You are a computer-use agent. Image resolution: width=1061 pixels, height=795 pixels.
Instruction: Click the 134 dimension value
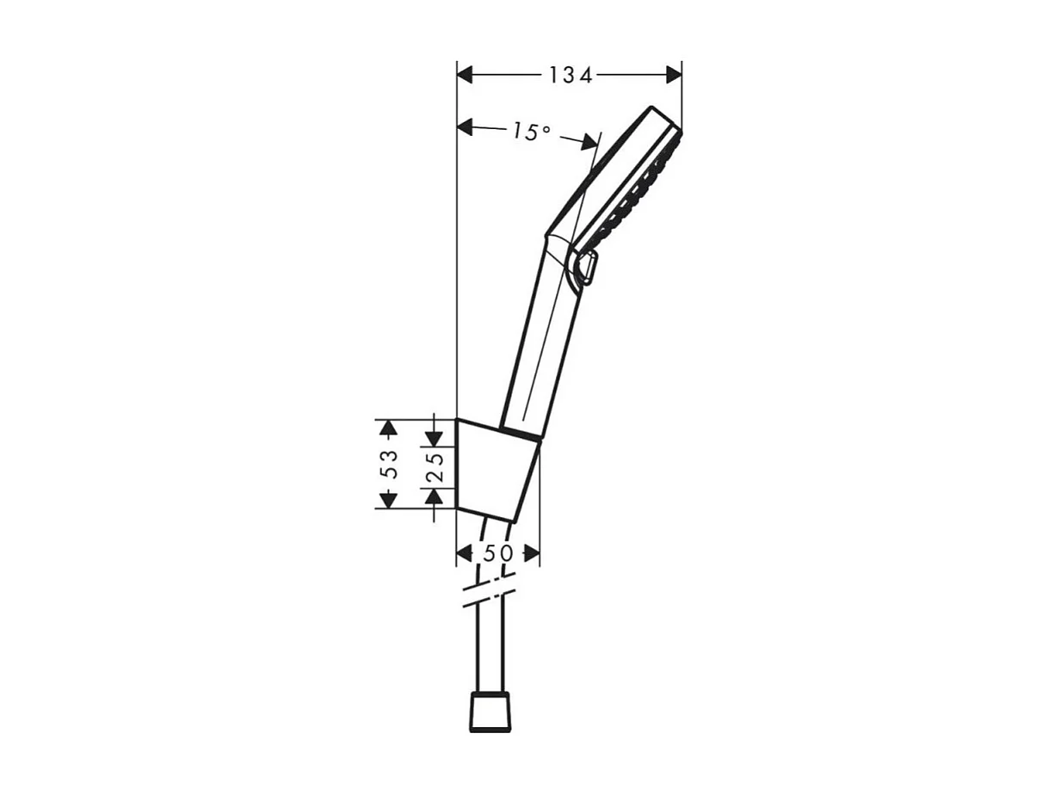(571, 76)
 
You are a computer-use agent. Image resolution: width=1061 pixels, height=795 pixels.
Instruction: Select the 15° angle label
(530, 132)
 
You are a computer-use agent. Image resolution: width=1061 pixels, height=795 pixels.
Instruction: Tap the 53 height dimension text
(390, 464)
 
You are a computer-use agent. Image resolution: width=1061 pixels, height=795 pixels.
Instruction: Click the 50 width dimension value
(497, 553)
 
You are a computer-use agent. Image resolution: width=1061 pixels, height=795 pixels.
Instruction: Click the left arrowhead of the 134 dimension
(466, 75)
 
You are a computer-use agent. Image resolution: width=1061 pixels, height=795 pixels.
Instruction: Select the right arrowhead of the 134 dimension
(673, 75)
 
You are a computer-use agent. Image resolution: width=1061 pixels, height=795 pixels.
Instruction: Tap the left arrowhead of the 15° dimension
(466, 127)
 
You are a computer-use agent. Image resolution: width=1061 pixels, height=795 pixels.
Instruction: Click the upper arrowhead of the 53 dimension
(389, 428)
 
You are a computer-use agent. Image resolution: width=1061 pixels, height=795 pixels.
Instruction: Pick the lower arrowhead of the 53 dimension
(389, 499)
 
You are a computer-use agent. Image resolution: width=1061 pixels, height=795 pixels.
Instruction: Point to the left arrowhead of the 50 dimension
(464, 553)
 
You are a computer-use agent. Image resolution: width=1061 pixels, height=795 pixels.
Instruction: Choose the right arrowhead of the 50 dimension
(532, 553)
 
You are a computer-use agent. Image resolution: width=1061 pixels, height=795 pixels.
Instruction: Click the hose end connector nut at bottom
(490, 713)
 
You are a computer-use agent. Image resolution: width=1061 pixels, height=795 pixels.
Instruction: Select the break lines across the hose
(488, 593)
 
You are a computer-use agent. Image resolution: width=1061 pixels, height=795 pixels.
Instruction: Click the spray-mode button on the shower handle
(586, 267)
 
